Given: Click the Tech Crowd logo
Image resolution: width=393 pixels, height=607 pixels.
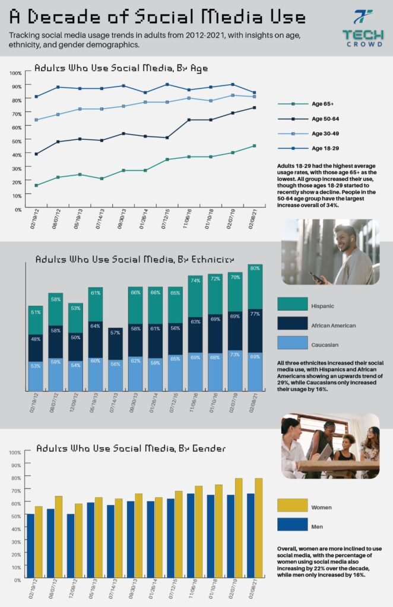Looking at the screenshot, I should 363,28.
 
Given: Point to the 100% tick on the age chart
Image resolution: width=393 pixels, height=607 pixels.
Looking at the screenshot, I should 15,72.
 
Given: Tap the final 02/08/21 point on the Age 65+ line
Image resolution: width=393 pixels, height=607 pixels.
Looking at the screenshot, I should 254,146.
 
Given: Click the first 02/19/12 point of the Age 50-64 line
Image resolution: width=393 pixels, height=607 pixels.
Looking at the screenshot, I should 36,154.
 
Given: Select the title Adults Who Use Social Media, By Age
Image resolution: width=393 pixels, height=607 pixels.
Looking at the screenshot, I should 121,68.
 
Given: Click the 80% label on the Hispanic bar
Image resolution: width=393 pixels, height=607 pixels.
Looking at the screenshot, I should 254,269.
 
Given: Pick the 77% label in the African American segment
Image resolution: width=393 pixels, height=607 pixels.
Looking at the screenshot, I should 254,313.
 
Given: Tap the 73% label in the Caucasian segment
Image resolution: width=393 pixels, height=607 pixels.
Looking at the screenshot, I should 234,354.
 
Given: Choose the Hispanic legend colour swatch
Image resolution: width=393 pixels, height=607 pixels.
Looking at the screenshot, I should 293,304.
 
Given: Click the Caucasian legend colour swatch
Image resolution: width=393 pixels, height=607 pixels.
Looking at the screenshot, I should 293,343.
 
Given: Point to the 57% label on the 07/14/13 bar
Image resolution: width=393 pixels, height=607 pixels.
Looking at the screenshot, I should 116,333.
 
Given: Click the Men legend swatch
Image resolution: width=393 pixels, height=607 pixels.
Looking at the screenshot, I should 293,524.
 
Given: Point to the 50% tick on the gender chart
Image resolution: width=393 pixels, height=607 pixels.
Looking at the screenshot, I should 15,516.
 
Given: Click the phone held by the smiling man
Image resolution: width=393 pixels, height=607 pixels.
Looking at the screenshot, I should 315,276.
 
